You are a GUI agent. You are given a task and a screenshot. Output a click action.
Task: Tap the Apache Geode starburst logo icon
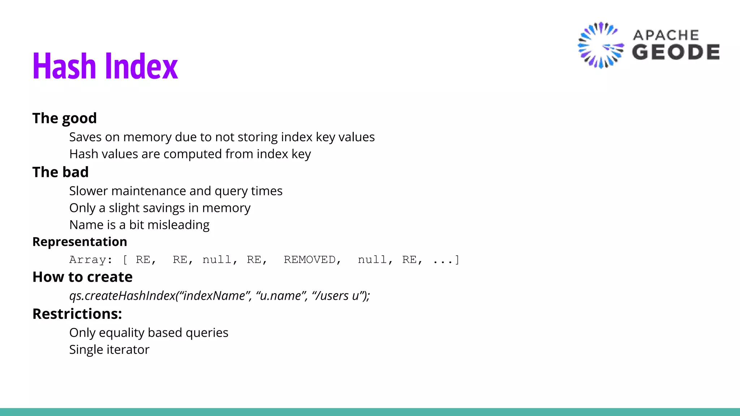coord(601,45)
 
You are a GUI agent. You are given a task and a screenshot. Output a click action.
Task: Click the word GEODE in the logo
coord(676,52)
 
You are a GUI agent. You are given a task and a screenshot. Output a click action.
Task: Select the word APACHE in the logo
coord(666,35)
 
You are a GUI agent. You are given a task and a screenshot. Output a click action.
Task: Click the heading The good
coord(65,118)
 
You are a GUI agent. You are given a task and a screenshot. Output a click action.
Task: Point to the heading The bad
coord(60,172)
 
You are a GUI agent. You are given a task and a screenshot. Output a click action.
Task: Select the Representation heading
coord(80,242)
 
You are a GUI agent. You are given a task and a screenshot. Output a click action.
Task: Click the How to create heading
coord(82,277)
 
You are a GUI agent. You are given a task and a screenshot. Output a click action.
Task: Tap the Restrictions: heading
coord(77,314)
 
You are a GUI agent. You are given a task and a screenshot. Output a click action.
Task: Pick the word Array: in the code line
coord(91,260)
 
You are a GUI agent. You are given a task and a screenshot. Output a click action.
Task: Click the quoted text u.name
coord(280,296)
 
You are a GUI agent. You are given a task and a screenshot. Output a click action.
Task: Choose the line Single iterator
coord(109,350)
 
